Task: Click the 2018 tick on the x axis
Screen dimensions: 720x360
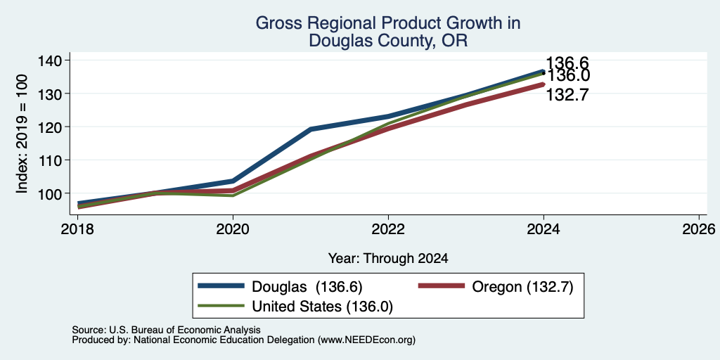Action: tap(77, 229)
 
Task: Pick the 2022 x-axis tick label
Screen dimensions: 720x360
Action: tap(388, 229)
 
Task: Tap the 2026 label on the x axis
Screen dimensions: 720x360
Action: tap(699, 229)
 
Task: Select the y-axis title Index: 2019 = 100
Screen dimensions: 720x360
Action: tap(22, 134)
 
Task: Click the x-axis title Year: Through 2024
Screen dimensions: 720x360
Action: tap(388, 259)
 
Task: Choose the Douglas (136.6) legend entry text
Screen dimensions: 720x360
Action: tap(307, 287)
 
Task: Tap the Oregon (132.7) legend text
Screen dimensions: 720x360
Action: tap(522, 287)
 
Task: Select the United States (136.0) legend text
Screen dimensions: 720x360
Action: tap(322, 306)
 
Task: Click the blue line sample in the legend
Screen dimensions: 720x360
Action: tap(221, 286)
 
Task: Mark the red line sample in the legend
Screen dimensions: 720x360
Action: tap(442, 286)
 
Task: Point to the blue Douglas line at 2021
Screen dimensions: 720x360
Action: tap(311, 129)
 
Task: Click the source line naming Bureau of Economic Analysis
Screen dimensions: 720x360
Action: tap(166, 330)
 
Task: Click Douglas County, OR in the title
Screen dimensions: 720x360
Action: tap(388, 41)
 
